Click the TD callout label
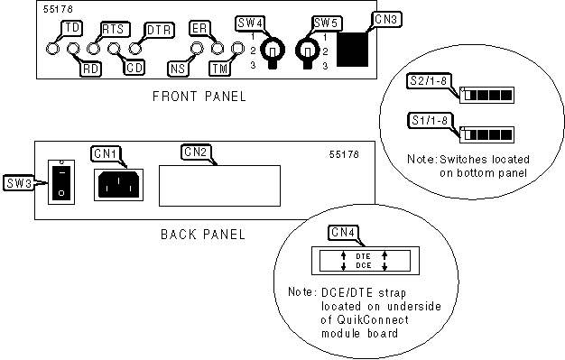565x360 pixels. (x=72, y=28)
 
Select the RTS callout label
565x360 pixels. (x=114, y=29)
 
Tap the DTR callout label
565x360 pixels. (x=159, y=30)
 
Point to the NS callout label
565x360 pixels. (x=178, y=69)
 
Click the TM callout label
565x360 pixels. (x=220, y=69)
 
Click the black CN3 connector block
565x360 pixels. (x=352, y=50)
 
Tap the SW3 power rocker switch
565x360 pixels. (x=61, y=182)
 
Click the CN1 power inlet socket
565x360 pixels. (x=118, y=184)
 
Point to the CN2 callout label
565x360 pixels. (x=195, y=152)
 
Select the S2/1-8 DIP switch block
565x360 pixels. (x=486, y=95)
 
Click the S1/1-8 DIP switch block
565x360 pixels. (x=486, y=134)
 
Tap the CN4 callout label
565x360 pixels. (x=343, y=233)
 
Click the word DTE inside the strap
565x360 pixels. (x=363, y=256)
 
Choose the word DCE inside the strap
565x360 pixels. (x=363, y=265)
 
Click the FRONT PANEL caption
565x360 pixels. (x=199, y=97)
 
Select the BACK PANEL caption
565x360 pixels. (x=203, y=235)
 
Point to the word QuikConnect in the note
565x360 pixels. (x=373, y=320)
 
